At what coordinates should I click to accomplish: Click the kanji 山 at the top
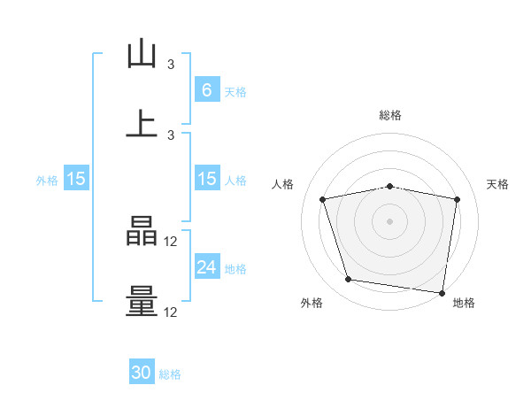pyautogui.click(x=142, y=53)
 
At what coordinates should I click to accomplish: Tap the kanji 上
pyautogui.click(x=142, y=124)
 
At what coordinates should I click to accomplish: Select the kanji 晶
pyautogui.click(x=142, y=231)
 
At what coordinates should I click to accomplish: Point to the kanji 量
pyautogui.click(x=142, y=302)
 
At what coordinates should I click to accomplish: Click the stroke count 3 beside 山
pyautogui.click(x=171, y=65)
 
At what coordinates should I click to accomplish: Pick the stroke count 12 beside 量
pyautogui.click(x=170, y=312)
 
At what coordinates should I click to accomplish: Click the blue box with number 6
pyautogui.click(x=207, y=89)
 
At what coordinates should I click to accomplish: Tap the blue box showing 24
pyautogui.click(x=207, y=266)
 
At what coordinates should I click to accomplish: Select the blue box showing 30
pyautogui.click(x=142, y=371)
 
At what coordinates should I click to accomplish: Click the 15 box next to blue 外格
pyautogui.click(x=76, y=178)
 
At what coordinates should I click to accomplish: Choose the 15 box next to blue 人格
pyautogui.click(x=207, y=178)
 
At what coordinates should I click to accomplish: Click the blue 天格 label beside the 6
pyautogui.click(x=235, y=92)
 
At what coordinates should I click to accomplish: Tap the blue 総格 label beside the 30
pyautogui.click(x=170, y=374)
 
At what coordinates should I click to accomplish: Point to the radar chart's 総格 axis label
pyautogui.click(x=390, y=115)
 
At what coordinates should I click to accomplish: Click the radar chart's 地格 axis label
pyautogui.click(x=464, y=303)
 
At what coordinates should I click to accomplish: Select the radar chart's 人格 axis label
pyautogui.click(x=282, y=184)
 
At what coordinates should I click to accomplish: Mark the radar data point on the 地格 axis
pyautogui.click(x=442, y=293)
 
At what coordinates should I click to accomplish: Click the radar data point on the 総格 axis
pyautogui.click(x=389, y=187)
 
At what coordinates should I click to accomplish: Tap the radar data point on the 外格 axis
pyautogui.click(x=348, y=279)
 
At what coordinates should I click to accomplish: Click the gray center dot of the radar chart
pyautogui.click(x=389, y=221)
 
